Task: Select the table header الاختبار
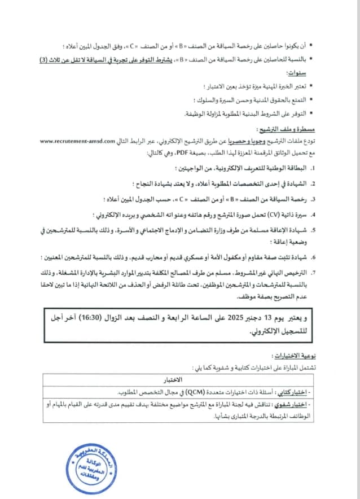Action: [x=178, y=379]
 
